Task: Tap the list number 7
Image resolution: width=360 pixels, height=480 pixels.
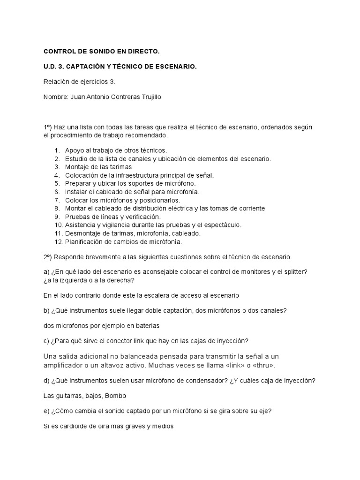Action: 57,200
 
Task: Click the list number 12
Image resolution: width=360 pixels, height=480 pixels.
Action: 58,242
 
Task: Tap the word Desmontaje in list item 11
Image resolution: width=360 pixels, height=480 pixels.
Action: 82,233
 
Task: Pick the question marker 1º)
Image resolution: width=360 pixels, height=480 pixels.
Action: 49,127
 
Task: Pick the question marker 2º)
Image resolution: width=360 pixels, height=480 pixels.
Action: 49,257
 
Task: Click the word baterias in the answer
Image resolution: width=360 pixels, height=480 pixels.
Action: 151,325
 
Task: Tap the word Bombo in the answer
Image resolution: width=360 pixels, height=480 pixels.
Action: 116,396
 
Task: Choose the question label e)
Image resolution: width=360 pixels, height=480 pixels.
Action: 47,411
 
